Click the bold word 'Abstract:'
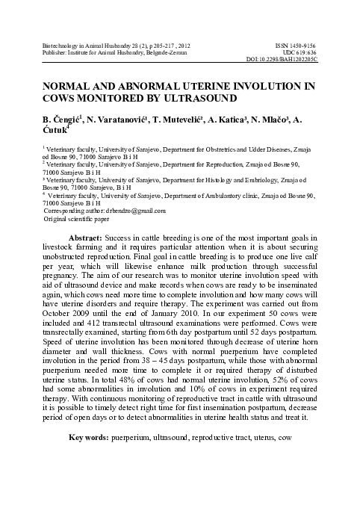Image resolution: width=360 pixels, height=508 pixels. point(90,237)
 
